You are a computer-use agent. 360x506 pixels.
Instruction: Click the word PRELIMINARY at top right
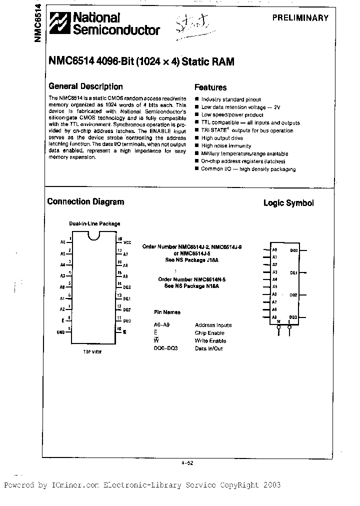point(300,17)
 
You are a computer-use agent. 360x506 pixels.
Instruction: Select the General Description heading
point(85,86)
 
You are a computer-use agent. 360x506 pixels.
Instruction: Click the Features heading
point(210,87)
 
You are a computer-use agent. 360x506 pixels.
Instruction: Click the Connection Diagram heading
point(85,202)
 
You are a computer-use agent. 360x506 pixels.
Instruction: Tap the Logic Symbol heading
point(288,203)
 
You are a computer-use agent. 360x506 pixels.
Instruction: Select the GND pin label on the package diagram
point(60,332)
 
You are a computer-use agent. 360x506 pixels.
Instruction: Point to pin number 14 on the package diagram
point(119,284)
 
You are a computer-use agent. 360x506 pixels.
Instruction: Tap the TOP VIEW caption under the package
point(92,352)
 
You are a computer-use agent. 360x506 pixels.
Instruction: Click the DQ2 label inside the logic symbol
point(293,295)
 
